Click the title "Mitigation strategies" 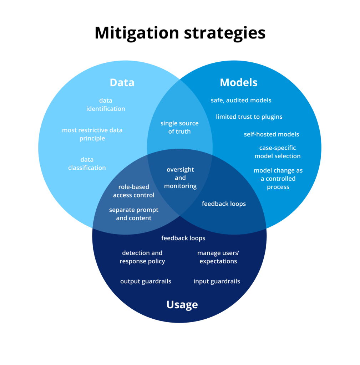tap(180, 33)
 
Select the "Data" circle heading tap(122, 82)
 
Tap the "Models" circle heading tap(239, 82)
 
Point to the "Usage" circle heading tap(182, 305)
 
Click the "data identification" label tap(106, 104)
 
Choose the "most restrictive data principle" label tap(92, 134)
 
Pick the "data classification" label tap(87, 164)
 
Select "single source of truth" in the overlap tap(179, 127)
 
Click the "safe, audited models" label tap(241, 100)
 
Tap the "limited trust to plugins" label tap(249, 117)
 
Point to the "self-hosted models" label tap(272, 134)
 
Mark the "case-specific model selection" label tap(278, 152)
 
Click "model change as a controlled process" tap(278, 179)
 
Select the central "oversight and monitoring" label tap(180, 178)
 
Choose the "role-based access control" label tap(134, 191)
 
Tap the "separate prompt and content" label tap(134, 214)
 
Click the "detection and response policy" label tap(142, 257)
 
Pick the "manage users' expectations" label tap(218, 257)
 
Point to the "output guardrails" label tap(146, 282)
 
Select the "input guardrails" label tap(217, 282)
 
